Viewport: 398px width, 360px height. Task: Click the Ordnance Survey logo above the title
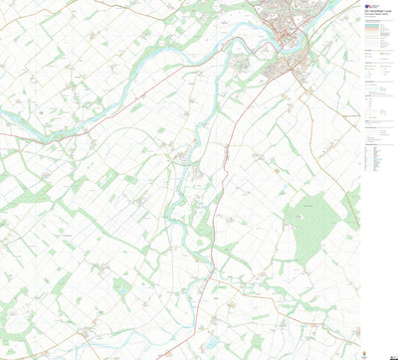coord(369,5)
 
